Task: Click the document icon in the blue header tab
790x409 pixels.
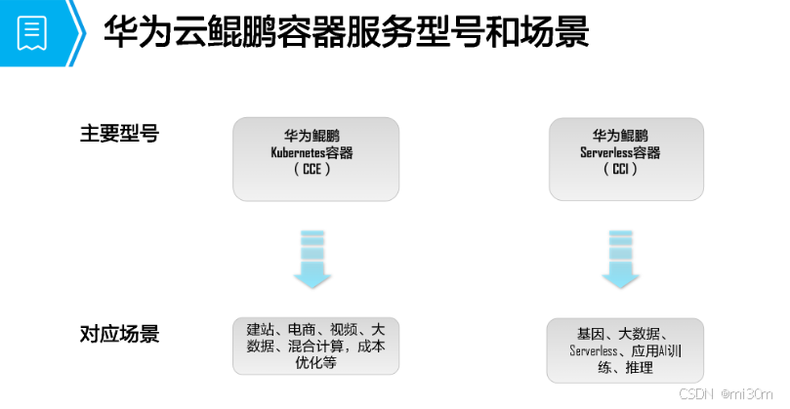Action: point(32,33)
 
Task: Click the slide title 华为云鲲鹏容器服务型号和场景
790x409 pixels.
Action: point(346,33)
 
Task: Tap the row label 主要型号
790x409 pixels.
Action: point(119,134)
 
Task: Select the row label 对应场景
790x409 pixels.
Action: point(119,335)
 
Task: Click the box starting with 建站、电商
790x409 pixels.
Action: point(315,346)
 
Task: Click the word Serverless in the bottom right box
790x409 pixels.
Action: point(594,350)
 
